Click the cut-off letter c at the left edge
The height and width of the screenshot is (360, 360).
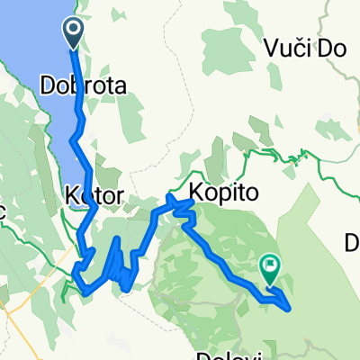pyautogui.click(x=3, y=209)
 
